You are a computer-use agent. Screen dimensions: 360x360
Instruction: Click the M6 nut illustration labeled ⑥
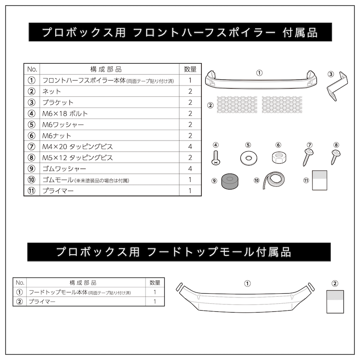[x=278, y=157]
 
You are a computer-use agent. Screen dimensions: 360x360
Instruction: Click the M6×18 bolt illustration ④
[x=216, y=158]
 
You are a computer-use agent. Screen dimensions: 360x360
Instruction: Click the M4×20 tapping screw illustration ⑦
[x=308, y=157]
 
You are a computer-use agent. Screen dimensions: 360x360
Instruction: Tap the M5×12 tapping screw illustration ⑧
[x=335, y=156]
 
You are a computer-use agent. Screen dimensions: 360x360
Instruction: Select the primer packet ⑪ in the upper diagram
[x=319, y=180]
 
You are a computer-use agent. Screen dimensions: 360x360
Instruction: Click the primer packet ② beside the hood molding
[x=335, y=301]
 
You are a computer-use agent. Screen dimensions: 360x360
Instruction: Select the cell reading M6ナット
[x=57, y=135]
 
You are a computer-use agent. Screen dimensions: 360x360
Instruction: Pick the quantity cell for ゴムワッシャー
[x=190, y=169]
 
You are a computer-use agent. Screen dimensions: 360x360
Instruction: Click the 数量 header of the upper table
[x=190, y=69]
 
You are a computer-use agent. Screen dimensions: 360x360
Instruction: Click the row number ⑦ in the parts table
[x=32, y=147]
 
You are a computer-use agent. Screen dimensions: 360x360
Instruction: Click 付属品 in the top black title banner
[x=303, y=32]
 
